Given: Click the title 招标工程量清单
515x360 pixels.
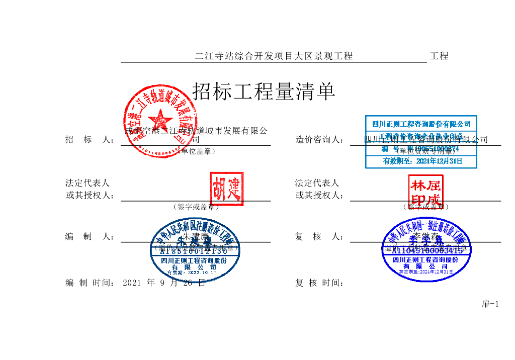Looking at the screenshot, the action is point(264,92).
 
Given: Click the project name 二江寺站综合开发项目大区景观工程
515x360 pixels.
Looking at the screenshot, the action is point(274,56).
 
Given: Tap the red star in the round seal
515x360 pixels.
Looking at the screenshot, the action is point(160,121).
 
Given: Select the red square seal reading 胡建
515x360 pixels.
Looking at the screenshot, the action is point(226,189).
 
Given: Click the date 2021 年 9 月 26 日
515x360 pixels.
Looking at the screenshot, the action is point(164,283).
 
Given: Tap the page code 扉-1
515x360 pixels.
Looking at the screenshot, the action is point(490,304).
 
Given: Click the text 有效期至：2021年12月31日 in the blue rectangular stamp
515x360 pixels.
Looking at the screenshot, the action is point(422,161).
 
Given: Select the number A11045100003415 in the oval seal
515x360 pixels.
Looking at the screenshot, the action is point(427,250).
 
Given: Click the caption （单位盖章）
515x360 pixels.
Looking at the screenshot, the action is point(196,151).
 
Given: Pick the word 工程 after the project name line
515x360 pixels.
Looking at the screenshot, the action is point(439,56).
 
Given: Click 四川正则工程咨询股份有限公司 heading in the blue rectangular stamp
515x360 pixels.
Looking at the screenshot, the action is point(421,124).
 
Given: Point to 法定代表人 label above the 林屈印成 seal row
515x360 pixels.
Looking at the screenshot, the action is point(317,183).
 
